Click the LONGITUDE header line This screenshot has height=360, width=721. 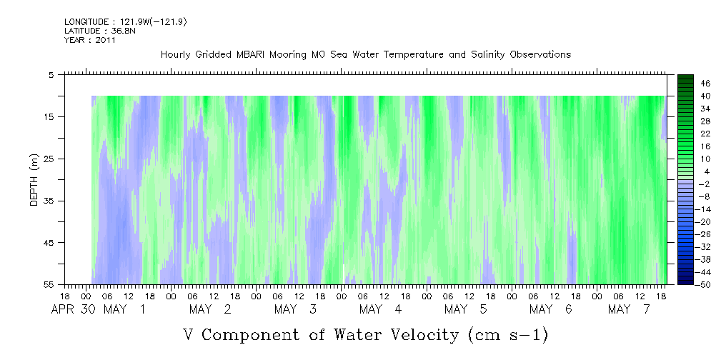(126, 22)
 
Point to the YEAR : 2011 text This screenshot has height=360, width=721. (90, 40)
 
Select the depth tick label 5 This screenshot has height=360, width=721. (51, 74)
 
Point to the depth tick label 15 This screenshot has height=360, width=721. (49, 116)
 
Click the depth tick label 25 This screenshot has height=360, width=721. (49, 159)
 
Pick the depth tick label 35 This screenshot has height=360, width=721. (49, 201)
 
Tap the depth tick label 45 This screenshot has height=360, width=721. (49, 243)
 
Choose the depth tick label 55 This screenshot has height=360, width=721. (49, 285)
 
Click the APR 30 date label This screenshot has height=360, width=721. (72, 309)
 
